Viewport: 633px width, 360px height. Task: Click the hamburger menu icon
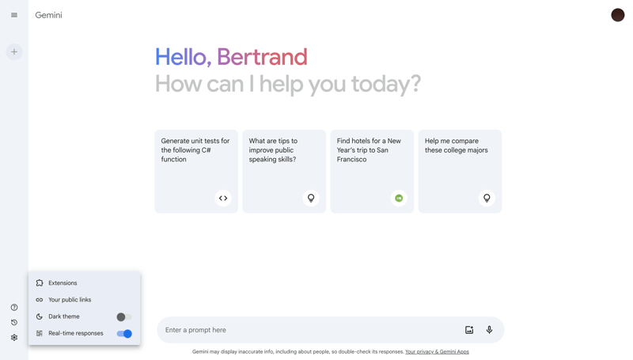click(14, 15)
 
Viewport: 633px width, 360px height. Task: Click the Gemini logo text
click(48, 15)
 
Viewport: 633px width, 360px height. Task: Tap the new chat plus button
click(14, 52)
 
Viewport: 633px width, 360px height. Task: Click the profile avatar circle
click(618, 15)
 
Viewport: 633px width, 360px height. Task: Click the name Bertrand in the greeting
click(262, 57)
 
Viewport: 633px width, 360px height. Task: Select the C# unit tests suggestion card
click(195, 171)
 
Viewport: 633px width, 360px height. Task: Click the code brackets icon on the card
click(223, 199)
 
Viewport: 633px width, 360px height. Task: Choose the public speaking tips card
click(283, 171)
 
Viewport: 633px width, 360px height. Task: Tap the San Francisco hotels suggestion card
click(372, 171)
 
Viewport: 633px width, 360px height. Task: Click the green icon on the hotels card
click(399, 199)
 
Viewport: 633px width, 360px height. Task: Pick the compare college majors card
click(460, 171)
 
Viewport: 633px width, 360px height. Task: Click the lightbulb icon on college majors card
click(487, 199)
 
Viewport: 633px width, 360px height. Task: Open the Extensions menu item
click(63, 283)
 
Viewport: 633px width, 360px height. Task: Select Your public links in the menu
click(70, 300)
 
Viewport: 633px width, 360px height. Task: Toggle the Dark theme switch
click(123, 317)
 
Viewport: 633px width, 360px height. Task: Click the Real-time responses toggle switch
click(124, 334)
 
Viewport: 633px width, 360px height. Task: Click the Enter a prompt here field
click(309, 330)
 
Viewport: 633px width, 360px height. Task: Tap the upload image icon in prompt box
click(469, 330)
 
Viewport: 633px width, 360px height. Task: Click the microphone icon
click(489, 330)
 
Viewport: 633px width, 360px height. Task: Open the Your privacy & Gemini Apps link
click(437, 352)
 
